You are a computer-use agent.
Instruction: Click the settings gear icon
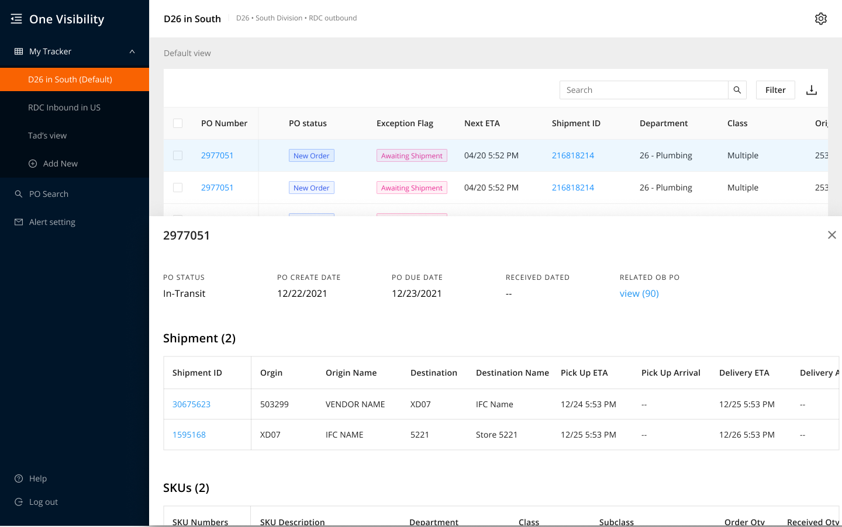(820, 19)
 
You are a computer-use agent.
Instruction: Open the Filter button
(775, 90)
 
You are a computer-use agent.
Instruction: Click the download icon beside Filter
(811, 90)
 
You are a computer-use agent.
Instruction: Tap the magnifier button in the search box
(737, 90)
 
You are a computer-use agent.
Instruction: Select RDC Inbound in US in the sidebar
(64, 108)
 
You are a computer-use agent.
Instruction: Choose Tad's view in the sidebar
(47, 136)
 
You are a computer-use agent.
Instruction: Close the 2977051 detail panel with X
(832, 235)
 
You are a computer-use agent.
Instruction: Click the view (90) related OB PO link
(639, 293)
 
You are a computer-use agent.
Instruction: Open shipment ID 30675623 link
(191, 404)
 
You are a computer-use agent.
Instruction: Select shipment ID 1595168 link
(189, 435)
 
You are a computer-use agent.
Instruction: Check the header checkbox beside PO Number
(178, 123)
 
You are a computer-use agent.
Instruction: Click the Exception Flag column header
(405, 123)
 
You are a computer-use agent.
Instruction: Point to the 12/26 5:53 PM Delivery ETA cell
(747, 435)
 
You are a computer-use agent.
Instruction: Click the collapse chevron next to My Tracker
(132, 51)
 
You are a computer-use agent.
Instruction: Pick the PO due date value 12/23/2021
(416, 293)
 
